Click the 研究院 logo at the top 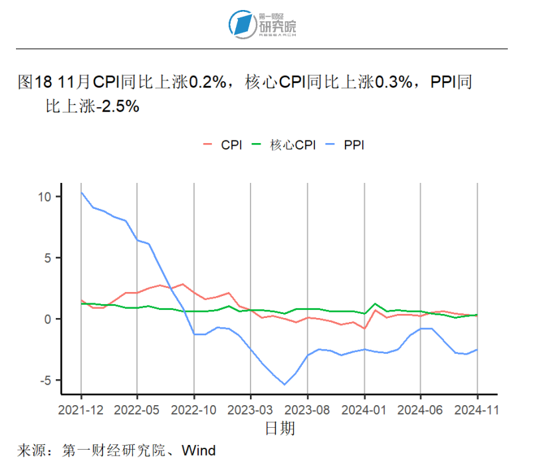coord(262,24)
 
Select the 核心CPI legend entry coord(292,144)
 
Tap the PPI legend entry coord(354,144)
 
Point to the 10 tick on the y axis coord(45,197)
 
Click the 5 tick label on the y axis coord(48,258)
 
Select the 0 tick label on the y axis coord(48,319)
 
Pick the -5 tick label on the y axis coord(45,381)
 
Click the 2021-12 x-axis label coord(80,410)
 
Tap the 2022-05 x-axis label coord(137,410)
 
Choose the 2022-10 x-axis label coord(193,410)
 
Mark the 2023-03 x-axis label coord(251,410)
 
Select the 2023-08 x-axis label coord(307,410)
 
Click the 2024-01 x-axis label coord(364,410)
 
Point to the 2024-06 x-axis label coord(420,410)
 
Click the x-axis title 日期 coord(280,428)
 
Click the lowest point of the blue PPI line coord(284,385)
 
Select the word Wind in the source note coord(199,451)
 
